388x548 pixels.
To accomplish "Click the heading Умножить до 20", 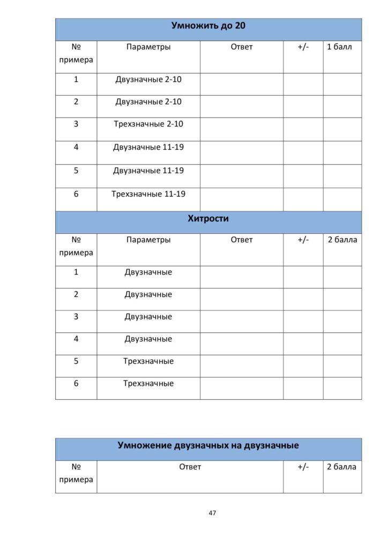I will tap(208, 25).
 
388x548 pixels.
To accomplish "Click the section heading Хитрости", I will tap(208, 218).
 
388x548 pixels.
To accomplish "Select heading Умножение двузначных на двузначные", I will tap(208, 445).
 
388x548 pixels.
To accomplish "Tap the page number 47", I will tap(212, 513).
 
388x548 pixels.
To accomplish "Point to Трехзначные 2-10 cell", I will tap(148, 124).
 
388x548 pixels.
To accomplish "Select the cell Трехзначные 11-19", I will tap(148, 194).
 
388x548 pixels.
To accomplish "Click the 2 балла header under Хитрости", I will tap(342, 240).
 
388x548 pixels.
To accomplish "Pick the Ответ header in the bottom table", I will tap(190, 467).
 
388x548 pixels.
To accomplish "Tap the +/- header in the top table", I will tap(303, 47).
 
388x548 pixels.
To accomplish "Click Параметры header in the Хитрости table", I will tap(148, 240).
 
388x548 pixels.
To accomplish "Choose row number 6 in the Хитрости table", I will tap(76, 383).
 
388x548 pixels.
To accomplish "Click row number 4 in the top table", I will tap(76, 147).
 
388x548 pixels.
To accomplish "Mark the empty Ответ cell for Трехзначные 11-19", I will tap(241, 199).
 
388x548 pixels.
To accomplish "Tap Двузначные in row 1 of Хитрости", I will tap(148, 272).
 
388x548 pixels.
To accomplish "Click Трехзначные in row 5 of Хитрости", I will tap(148, 361).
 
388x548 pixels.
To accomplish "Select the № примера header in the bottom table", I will tap(76, 473).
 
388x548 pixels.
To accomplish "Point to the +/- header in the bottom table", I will tap(303, 467).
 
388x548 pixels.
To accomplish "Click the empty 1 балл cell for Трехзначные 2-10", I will tap(342, 129).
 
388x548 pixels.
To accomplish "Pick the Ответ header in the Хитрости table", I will tap(241, 240).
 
